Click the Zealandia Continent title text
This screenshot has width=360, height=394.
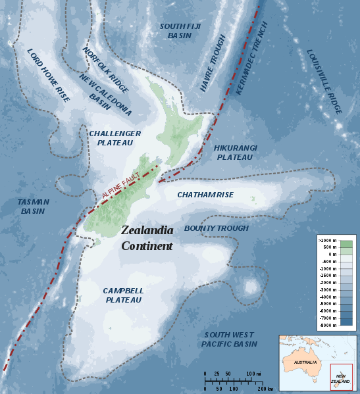tap(147, 238)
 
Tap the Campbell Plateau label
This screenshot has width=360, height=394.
tap(122, 295)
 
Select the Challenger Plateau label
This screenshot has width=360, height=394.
tap(115, 137)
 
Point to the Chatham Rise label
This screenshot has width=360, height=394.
tap(205, 195)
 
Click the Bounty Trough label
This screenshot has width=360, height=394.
tap(216, 228)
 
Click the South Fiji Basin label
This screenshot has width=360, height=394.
tap(174, 30)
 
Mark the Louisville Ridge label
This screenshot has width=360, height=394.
tap(324, 82)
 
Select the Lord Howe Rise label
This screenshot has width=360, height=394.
tap(47, 75)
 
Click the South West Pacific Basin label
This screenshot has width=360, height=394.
tap(229, 339)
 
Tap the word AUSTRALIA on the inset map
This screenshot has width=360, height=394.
tap(305, 362)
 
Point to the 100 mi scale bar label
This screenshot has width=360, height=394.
tap(253, 374)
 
